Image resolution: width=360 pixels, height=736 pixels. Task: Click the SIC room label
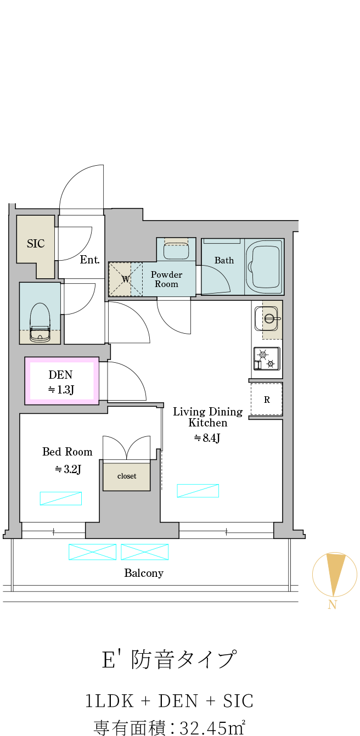click(x=36, y=244)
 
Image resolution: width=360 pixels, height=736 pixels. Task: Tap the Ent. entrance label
click(x=89, y=260)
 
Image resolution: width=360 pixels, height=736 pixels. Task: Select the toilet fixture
click(x=40, y=322)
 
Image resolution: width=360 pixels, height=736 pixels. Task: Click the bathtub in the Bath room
click(x=264, y=266)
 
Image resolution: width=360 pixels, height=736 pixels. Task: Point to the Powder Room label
click(x=166, y=279)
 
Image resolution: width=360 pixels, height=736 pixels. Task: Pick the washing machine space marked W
click(x=126, y=279)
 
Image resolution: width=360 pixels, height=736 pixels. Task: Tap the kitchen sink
click(x=266, y=319)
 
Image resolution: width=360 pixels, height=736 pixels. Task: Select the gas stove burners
click(x=267, y=359)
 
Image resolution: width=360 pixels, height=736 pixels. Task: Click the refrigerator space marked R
click(x=267, y=399)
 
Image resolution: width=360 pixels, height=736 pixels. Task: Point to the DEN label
click(x=60, y=374)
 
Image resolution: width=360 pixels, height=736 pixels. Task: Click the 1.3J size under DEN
click(x=61, y=390)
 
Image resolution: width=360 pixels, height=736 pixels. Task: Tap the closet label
click(x=127, y=476)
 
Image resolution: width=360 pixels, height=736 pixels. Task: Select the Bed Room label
click(x=67, y=452)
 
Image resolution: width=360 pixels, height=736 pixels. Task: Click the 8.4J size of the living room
click(x=206, y=437)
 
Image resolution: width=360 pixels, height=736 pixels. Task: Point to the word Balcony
click(x=144, y=573)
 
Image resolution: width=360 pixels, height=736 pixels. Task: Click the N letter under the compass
click(x=333, y=605)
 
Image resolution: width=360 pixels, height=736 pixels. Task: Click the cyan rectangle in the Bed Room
click(x=61, y=498)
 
